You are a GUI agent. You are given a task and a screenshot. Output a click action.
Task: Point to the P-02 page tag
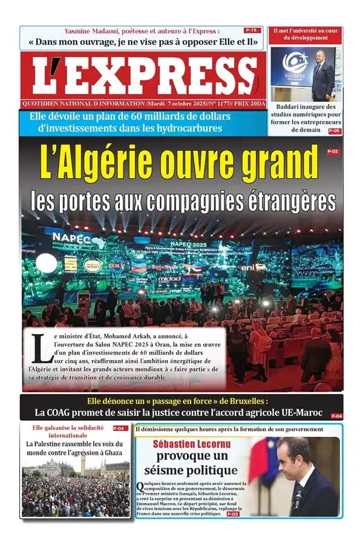click(x=332, y=152)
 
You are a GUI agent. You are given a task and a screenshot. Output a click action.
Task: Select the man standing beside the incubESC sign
click(x=321, y=75)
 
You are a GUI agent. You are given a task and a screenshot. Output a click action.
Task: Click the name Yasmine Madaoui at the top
click(x=94, y=31)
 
